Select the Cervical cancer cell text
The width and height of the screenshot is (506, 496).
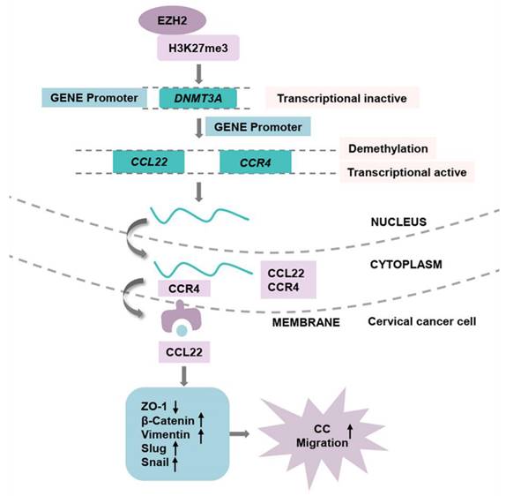tap(421, 320)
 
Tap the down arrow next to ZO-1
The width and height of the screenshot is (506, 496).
tap(175, 406)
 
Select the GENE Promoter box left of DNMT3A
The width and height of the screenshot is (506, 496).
tap(94, 98)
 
